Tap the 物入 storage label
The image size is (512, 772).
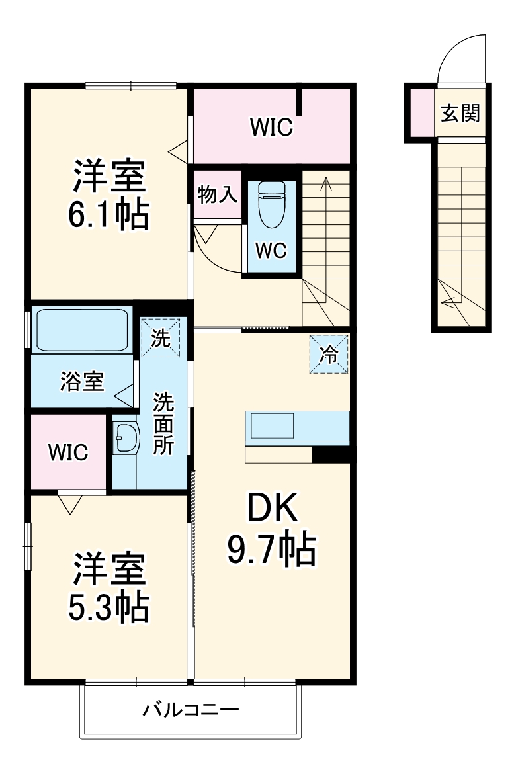click(x=217, y=194)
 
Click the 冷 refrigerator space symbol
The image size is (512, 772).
click(x=329, y=355)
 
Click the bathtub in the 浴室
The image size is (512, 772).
click(x=82, y=329)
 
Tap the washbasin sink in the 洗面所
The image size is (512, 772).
click(x=125, y=438)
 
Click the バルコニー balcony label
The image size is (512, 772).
click(x=191, y=711)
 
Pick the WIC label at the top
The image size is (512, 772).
click(x=271, y=127)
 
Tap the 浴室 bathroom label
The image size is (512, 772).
click(x=82, y=382)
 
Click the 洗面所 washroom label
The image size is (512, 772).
click(x=163, y=423)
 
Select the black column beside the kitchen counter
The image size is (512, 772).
click(x=331, y=454)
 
